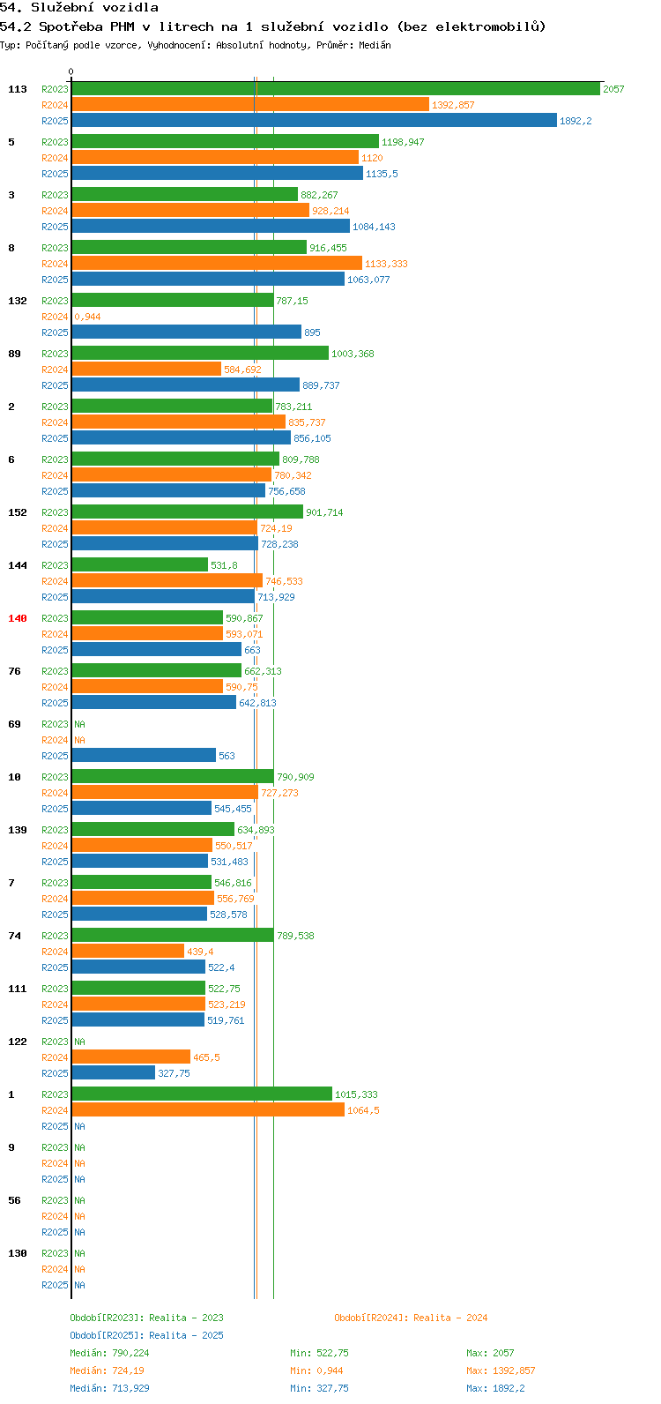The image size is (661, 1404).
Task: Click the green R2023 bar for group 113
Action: pyautogui.click(x=336, y=89)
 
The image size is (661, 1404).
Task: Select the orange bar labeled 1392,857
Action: pyautogui.click(x=250, y=105)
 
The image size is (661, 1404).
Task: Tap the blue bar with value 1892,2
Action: pyautogui.click(x=315, y=120)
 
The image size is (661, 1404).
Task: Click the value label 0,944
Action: pyautogui.click(x=88, y=317)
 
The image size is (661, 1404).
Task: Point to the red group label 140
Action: pyautogui.click(x=18, y=618)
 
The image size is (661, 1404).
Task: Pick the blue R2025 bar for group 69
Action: pyautogui.click(x=145, y=755)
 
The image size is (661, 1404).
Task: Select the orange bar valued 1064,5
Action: pyautogui.click(x=208, y=1109)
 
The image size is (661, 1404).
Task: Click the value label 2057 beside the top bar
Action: pyautogui.click(x=613, y=89)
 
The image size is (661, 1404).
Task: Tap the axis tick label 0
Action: pyautogui.click(x=71, y=71)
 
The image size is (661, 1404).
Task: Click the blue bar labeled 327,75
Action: pyautogui.click(x=114, y=1072)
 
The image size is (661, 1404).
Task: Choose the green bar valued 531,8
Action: pyautogui.click(x=140, y=564)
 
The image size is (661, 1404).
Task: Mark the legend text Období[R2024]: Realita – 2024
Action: pyautogui.click(x=411, y=1318)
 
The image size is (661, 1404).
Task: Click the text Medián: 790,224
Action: pyautogui.click(x=109, y=1353)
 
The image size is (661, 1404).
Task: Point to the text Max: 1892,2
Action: pyautogui.click(x=495, y=1388)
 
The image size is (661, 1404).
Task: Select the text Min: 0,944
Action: pyautogui.click(x=316, y=1370)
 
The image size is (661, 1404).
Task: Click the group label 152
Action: pyautogui.click(x=18, y=512)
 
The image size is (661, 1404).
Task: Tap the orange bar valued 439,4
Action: pyautogui.click(x=128, y=951)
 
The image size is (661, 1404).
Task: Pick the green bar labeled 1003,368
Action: pyautogui.click(x=200, y=353)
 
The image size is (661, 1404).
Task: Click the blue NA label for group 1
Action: pyautogui.click(x=79, y=1125)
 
